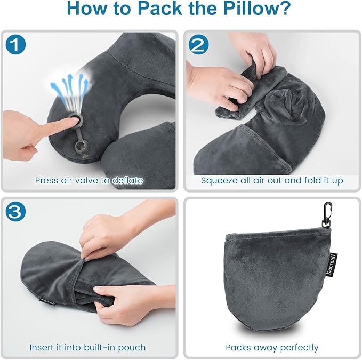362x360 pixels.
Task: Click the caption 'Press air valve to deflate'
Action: pyautogui.click(x=89, y=180)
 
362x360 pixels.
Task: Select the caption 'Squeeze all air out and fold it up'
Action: pyautogui.click(x=272, y=180)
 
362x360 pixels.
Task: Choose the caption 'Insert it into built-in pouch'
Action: pyautogui.click(x=87, y=347)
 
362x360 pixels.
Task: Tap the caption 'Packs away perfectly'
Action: pyautogui.click(x=272, y=347)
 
